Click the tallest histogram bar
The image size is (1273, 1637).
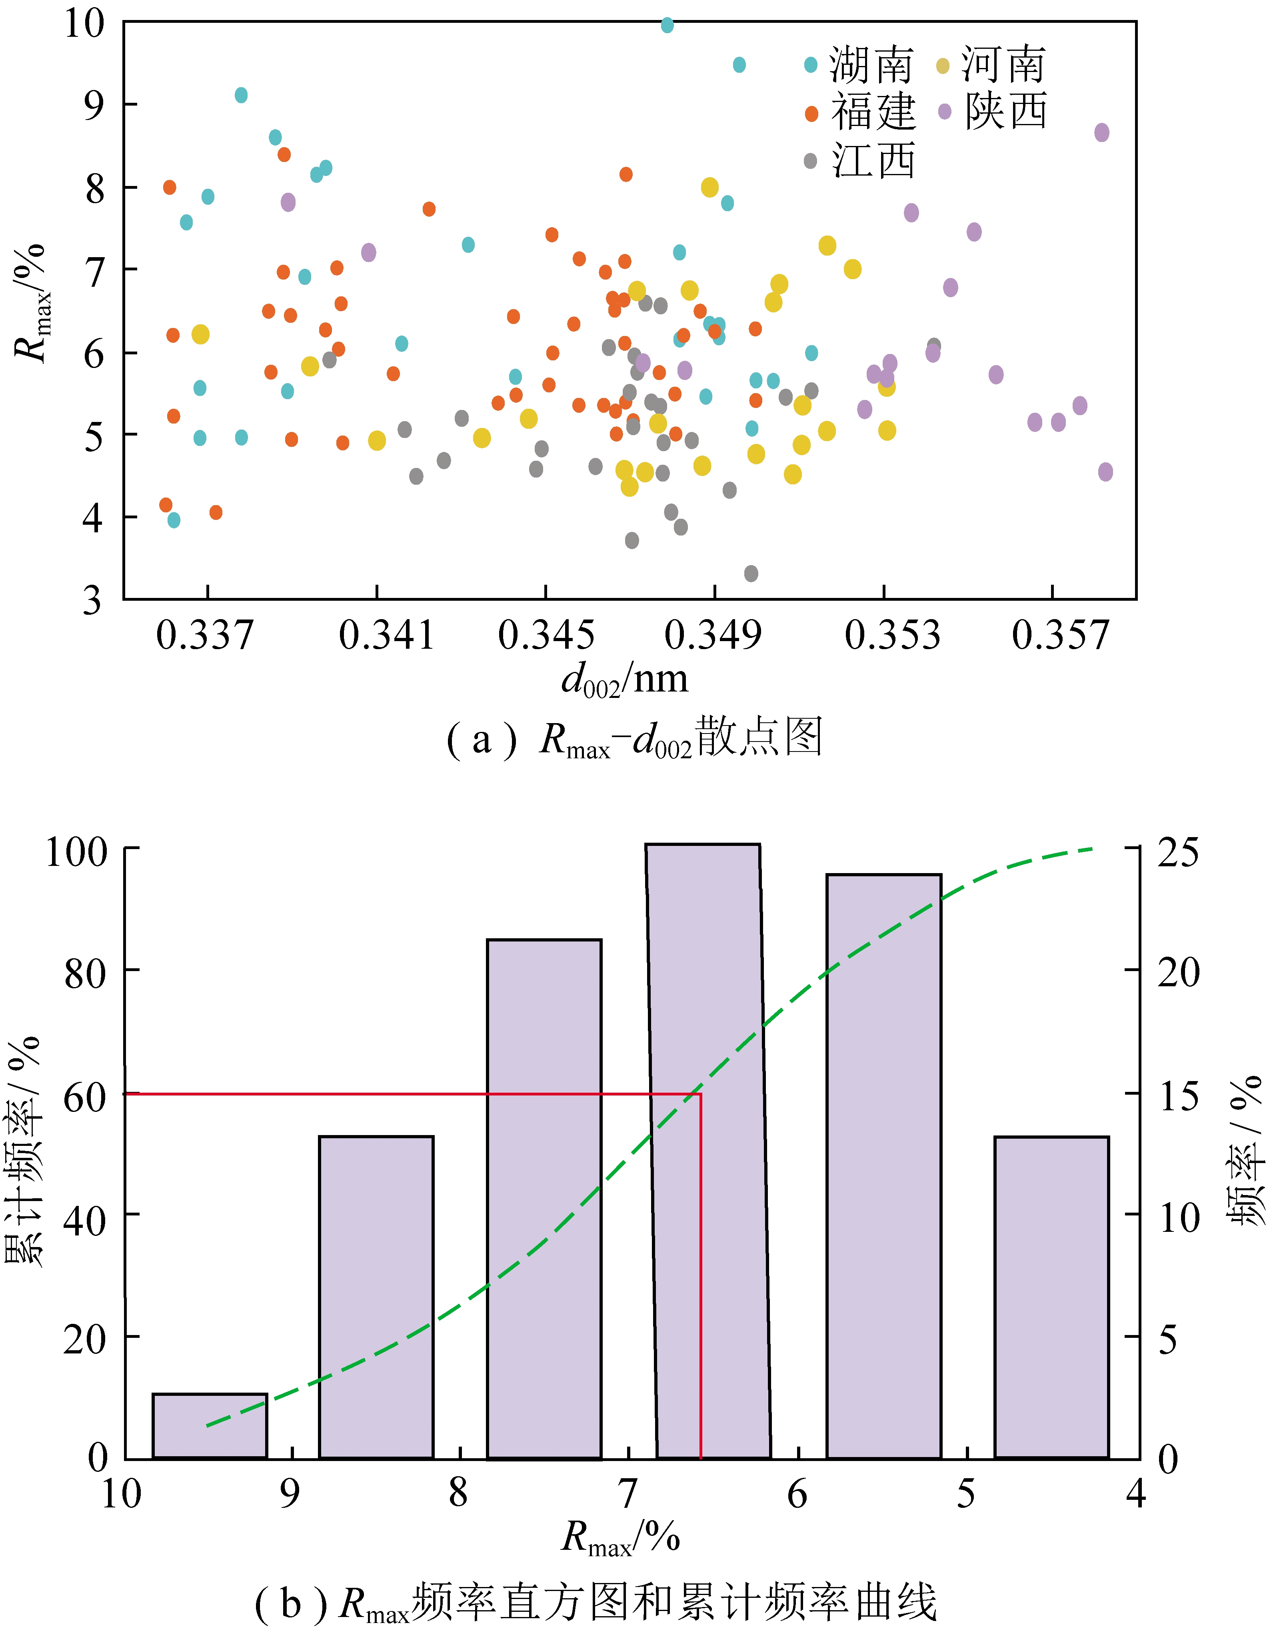[x=708, y=1154]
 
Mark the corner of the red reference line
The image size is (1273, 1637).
[x=700, y=1094]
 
